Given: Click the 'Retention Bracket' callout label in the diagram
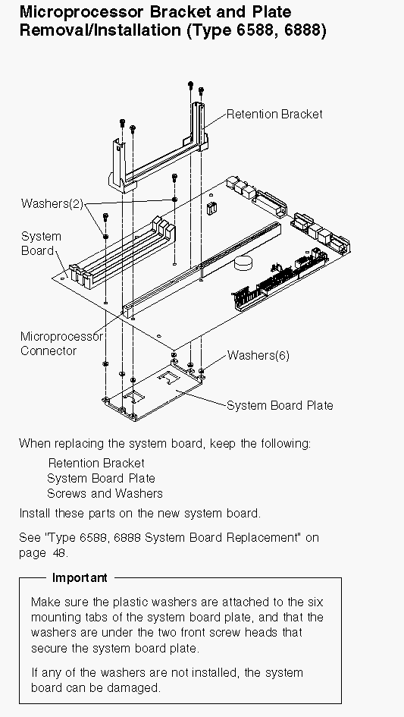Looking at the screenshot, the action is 274,114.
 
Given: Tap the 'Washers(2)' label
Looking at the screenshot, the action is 52,203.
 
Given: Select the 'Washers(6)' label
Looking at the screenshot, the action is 258,355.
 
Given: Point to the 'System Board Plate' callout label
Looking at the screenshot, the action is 280,405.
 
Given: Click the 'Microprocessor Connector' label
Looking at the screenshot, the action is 61,344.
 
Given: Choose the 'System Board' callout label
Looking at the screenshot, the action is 41,244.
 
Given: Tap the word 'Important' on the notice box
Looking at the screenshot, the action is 80,577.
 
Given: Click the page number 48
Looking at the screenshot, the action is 61,552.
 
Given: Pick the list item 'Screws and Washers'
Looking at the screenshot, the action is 105,493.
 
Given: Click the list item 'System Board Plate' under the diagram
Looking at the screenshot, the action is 101,478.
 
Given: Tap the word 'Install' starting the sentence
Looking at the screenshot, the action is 35,513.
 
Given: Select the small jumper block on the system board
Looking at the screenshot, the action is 211,209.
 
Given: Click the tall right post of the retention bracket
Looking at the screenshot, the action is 199,124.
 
